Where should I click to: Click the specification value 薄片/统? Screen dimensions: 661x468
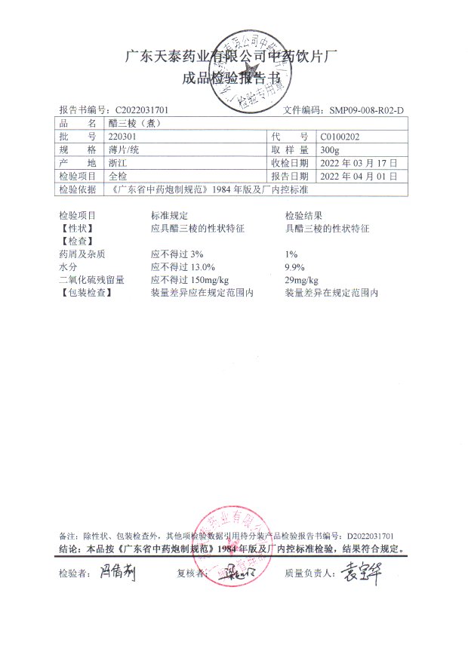tap(125, 149)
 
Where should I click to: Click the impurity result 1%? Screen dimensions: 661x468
tap(291, 254)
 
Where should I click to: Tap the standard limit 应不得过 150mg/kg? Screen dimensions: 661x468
tap(189, 279)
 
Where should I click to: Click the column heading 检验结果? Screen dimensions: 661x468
tap(303, 215)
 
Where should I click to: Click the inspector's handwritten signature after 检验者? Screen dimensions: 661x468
tap(116, 573)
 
